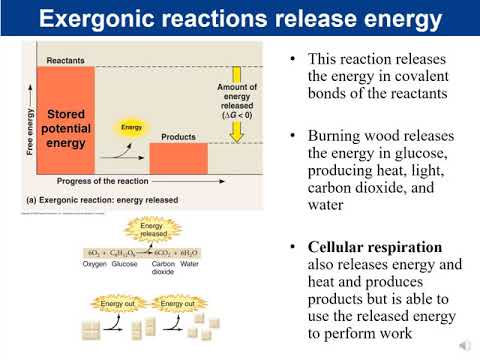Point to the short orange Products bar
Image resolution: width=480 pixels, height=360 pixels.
coord(178,157)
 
